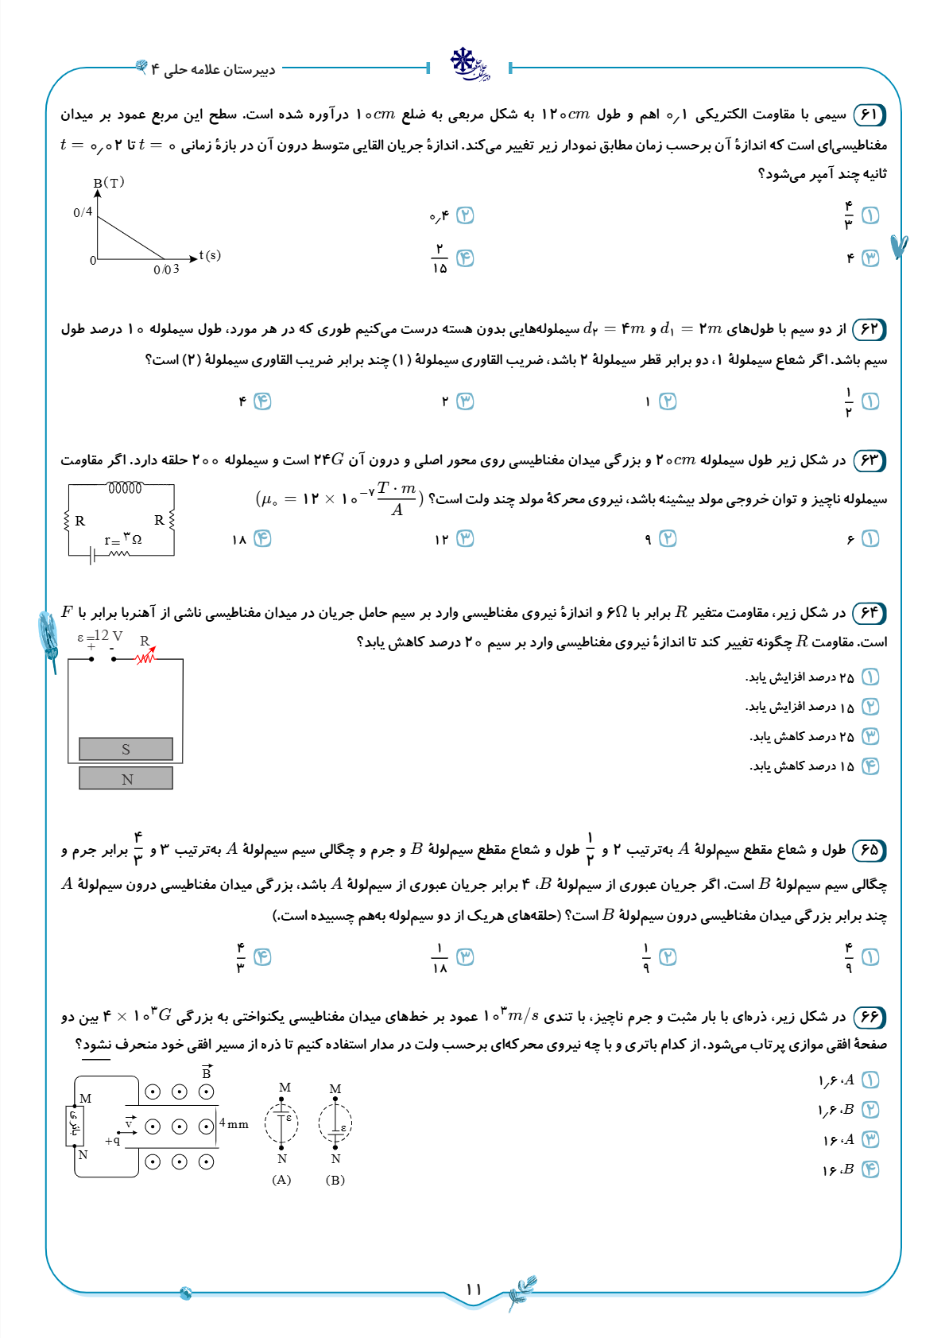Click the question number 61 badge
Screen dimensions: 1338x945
[x=869, y=114]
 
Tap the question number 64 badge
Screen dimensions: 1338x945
[x=869, y=613]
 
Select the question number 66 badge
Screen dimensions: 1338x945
[x=869, y=1017]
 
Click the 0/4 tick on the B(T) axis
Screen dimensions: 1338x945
[x=83, y=212]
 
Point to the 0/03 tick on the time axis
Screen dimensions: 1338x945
[x=166, y=270]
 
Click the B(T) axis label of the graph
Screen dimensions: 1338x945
[x=109, y=183]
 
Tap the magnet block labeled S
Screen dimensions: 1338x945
[x=126, y=749]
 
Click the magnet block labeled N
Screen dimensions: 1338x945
[x=126, y=778]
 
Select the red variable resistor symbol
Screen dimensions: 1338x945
[x=145, y=657]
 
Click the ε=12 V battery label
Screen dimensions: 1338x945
[x=100, y=636]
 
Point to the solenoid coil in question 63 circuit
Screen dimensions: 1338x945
[x=125, y=488]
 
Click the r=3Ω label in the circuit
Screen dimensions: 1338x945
[x=122, y=540]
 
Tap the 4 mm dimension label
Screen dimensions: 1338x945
[x=234, y=1123]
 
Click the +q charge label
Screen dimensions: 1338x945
[x=112, y=1140]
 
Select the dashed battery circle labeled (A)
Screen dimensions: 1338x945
[x=281, y=1123]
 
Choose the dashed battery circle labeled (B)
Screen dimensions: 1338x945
[x=335, y=1123]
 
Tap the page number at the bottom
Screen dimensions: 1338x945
[x=474, y=1289]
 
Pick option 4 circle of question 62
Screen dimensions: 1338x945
[x=262, y=401]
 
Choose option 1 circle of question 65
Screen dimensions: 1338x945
[x=870, y=957]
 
